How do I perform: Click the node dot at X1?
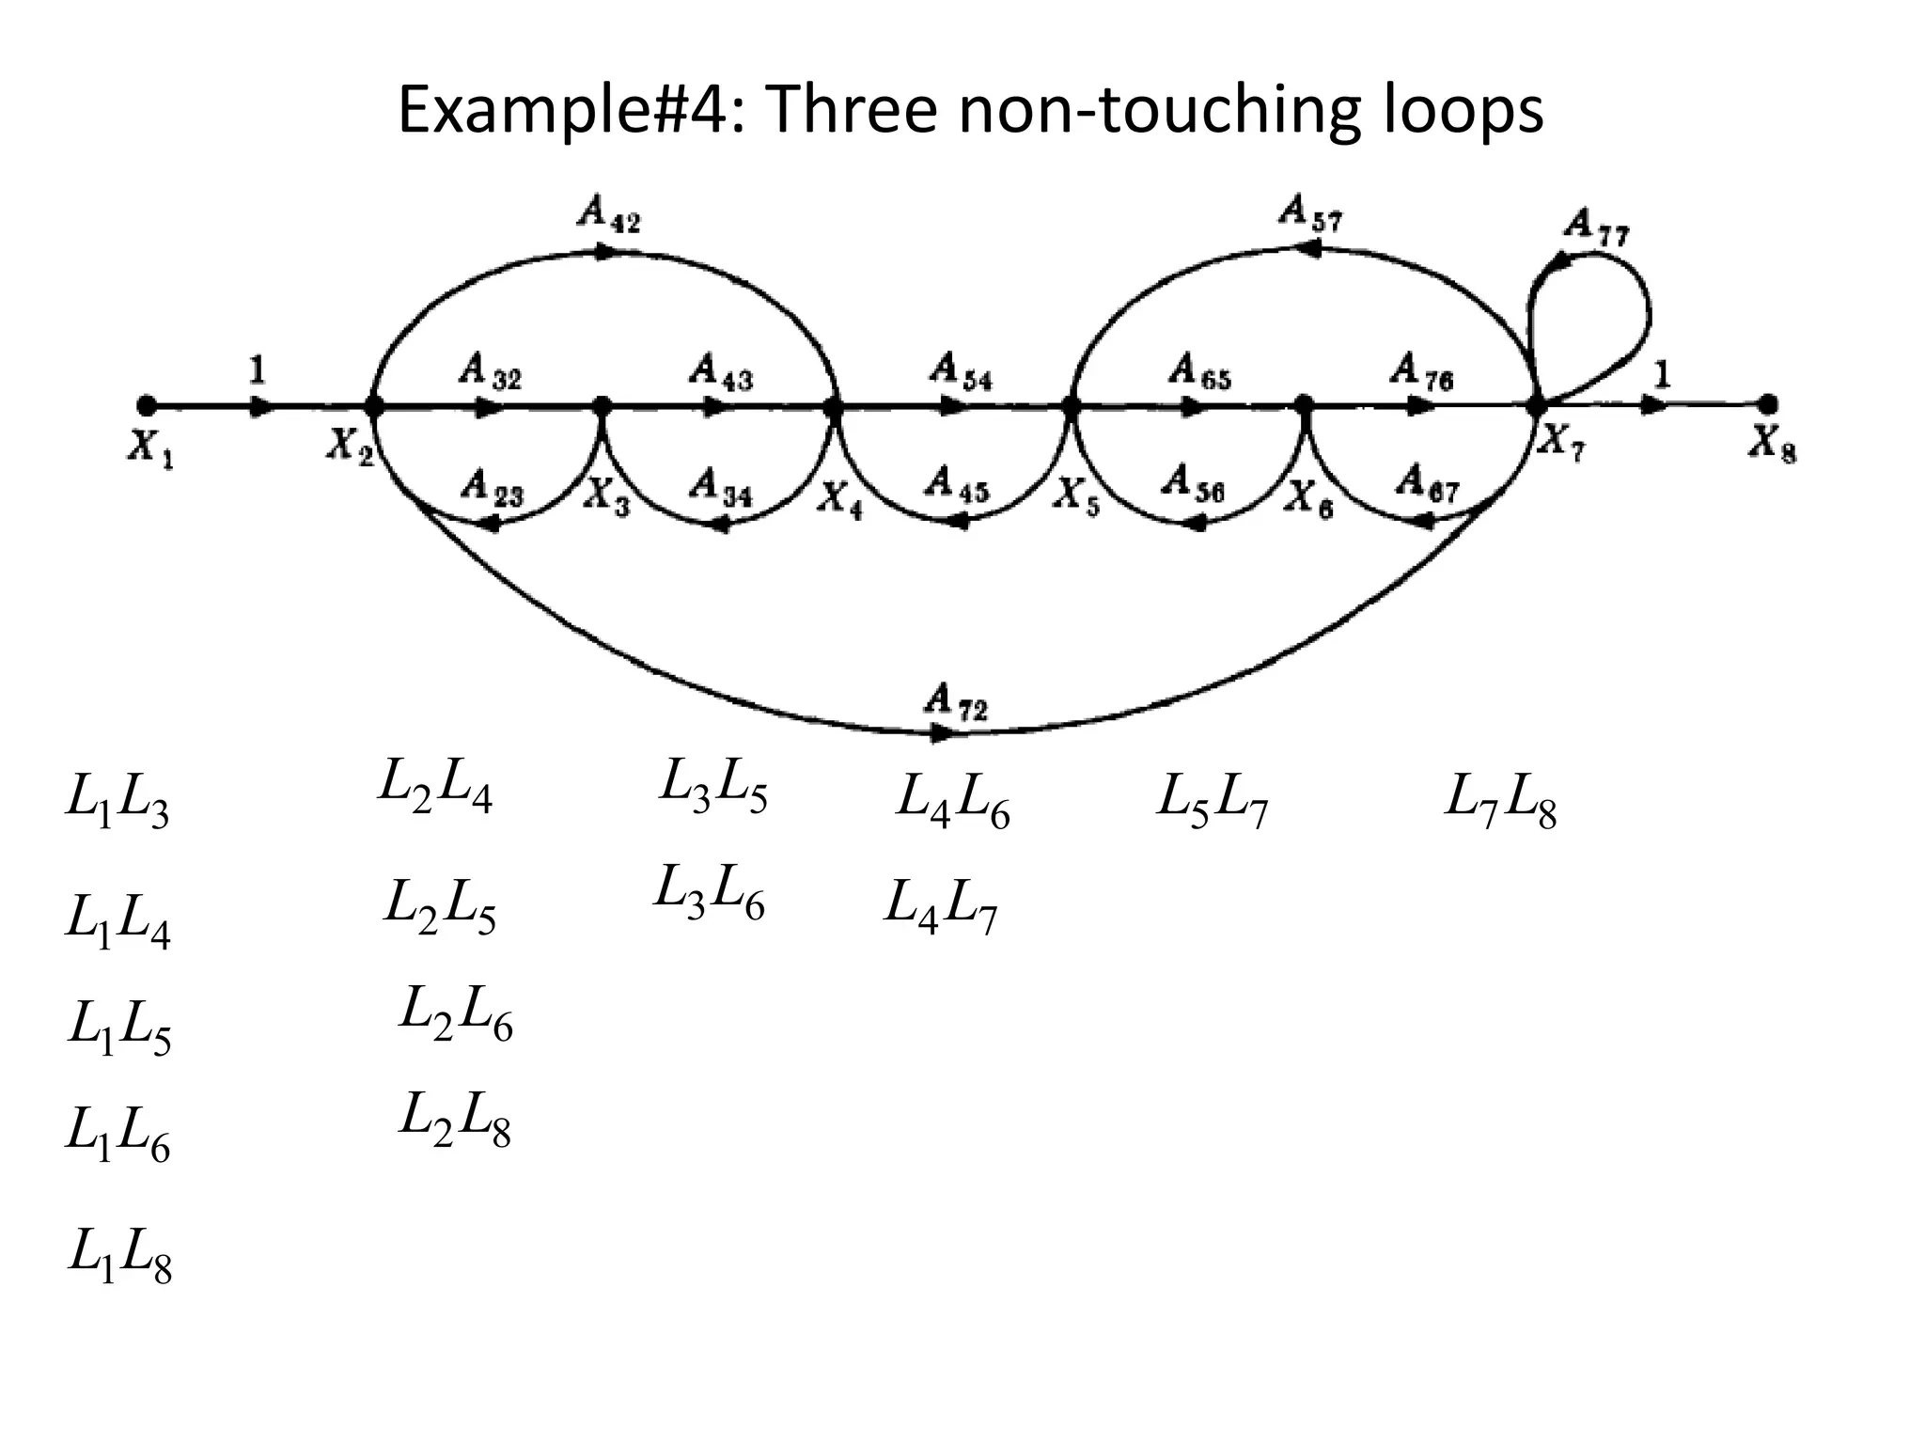coord(146,406)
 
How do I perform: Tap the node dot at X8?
coord(1768,404)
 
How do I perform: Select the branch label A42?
coord(608,215)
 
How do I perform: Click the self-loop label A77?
coord(1598,228)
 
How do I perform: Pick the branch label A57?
coord(1310,213)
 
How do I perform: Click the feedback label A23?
coord(492,489)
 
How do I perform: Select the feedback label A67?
coord(1427,483)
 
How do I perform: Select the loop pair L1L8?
coord(119,1256)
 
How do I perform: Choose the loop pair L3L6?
coord(709,892)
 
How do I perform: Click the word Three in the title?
coord(851,110)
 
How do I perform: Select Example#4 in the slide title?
coord(570,110)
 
